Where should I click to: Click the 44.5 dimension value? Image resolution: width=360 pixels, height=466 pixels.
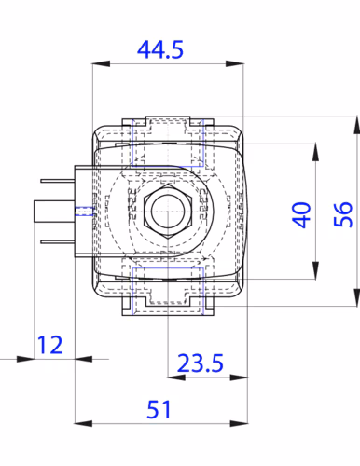point(160,49)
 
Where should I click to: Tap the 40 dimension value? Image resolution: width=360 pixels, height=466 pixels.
point(301,215)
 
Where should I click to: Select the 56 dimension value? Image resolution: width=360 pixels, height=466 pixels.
point(343,214)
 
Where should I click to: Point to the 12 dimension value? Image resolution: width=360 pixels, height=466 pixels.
point(49,345)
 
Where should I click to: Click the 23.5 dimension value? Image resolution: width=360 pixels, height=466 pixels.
point(201,363)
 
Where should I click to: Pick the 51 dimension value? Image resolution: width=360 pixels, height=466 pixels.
point(159,409)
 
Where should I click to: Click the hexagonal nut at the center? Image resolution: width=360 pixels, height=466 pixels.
point(168,212)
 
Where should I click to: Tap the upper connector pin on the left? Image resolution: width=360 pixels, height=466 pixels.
point(58,181)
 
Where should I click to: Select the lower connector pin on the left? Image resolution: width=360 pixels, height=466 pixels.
point(58,241)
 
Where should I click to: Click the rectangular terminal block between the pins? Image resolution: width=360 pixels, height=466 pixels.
point(54,212)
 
